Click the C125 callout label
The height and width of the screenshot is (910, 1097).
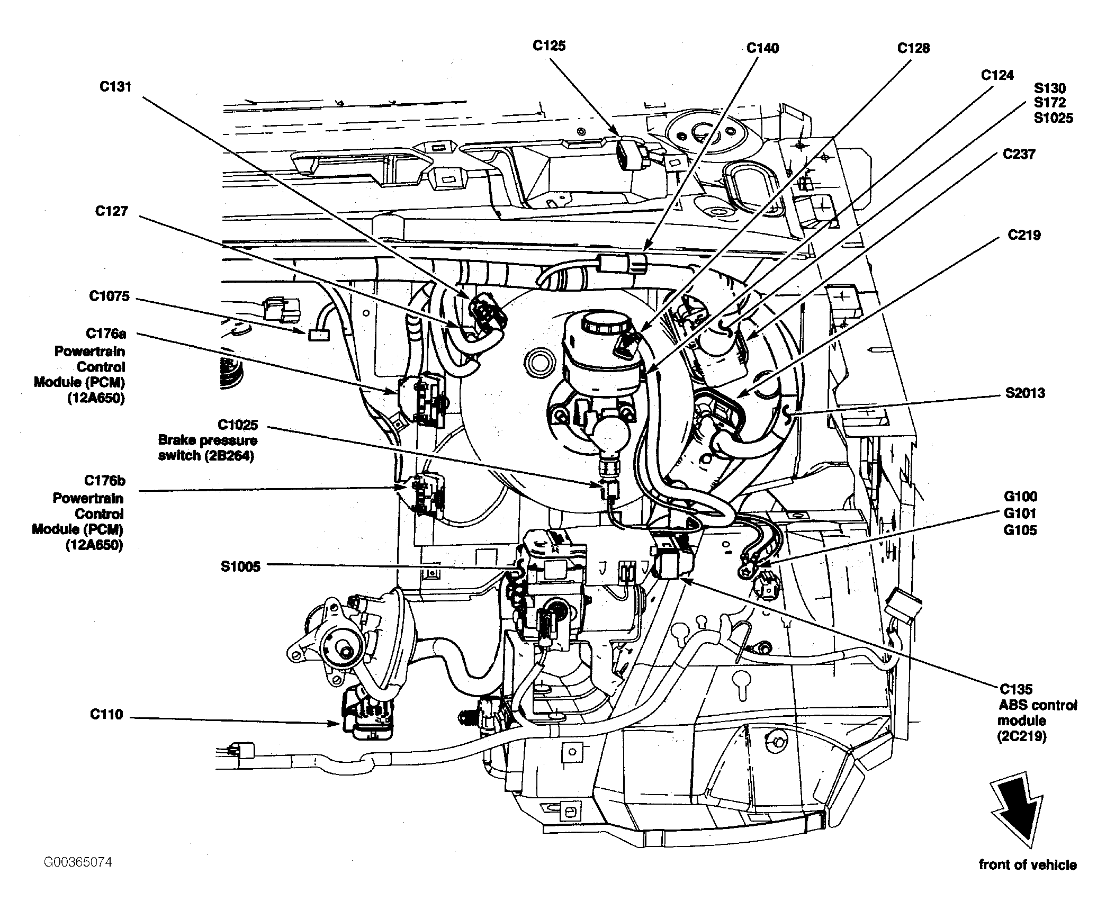pos(549,46)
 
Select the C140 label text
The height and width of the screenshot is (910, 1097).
pos(762,48)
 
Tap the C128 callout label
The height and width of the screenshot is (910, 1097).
pos(913,48)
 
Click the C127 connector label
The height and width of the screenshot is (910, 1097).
pos(111,211)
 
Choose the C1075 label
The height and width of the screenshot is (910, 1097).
pos(109,296)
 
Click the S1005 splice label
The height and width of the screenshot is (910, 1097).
pos(240,567)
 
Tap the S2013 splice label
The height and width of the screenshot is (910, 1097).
pos(1026,393)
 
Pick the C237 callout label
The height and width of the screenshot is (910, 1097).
pos(1019,154)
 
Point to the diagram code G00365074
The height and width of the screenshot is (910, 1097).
pos(78,862)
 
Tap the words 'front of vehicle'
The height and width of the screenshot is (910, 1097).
pos(1028,880)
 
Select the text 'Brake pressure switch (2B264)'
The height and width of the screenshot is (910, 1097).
pos(208,448)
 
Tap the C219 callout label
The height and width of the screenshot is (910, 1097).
pos(1024,235)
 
